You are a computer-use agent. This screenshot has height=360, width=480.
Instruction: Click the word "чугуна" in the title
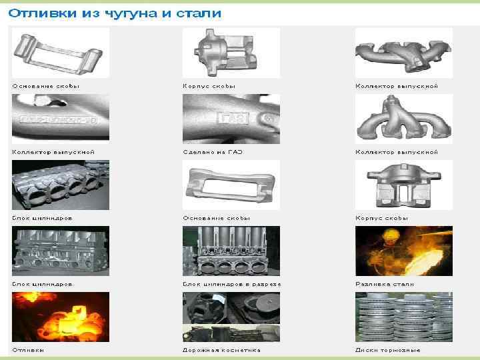click(127, 13)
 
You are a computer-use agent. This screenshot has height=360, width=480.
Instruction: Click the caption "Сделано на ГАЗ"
click(213, 152)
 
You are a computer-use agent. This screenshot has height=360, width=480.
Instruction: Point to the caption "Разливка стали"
click(384, 284)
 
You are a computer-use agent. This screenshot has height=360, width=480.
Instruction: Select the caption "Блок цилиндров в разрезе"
click(231, 284)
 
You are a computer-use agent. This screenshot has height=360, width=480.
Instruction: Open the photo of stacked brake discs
click(403, 317)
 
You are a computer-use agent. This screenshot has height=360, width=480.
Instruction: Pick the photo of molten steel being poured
click(403, 251)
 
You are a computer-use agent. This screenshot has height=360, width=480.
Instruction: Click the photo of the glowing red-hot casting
click(61, 317)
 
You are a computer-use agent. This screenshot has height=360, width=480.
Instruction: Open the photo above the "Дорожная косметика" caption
click(231, 317)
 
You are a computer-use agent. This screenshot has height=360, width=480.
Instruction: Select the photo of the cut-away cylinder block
click(231, 251)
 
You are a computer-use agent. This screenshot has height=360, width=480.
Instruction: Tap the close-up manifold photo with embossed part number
click(61, 119)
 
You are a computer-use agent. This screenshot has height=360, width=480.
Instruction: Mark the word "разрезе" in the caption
click(267, 284)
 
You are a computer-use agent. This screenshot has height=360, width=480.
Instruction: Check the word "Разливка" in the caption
click(373, 284)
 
